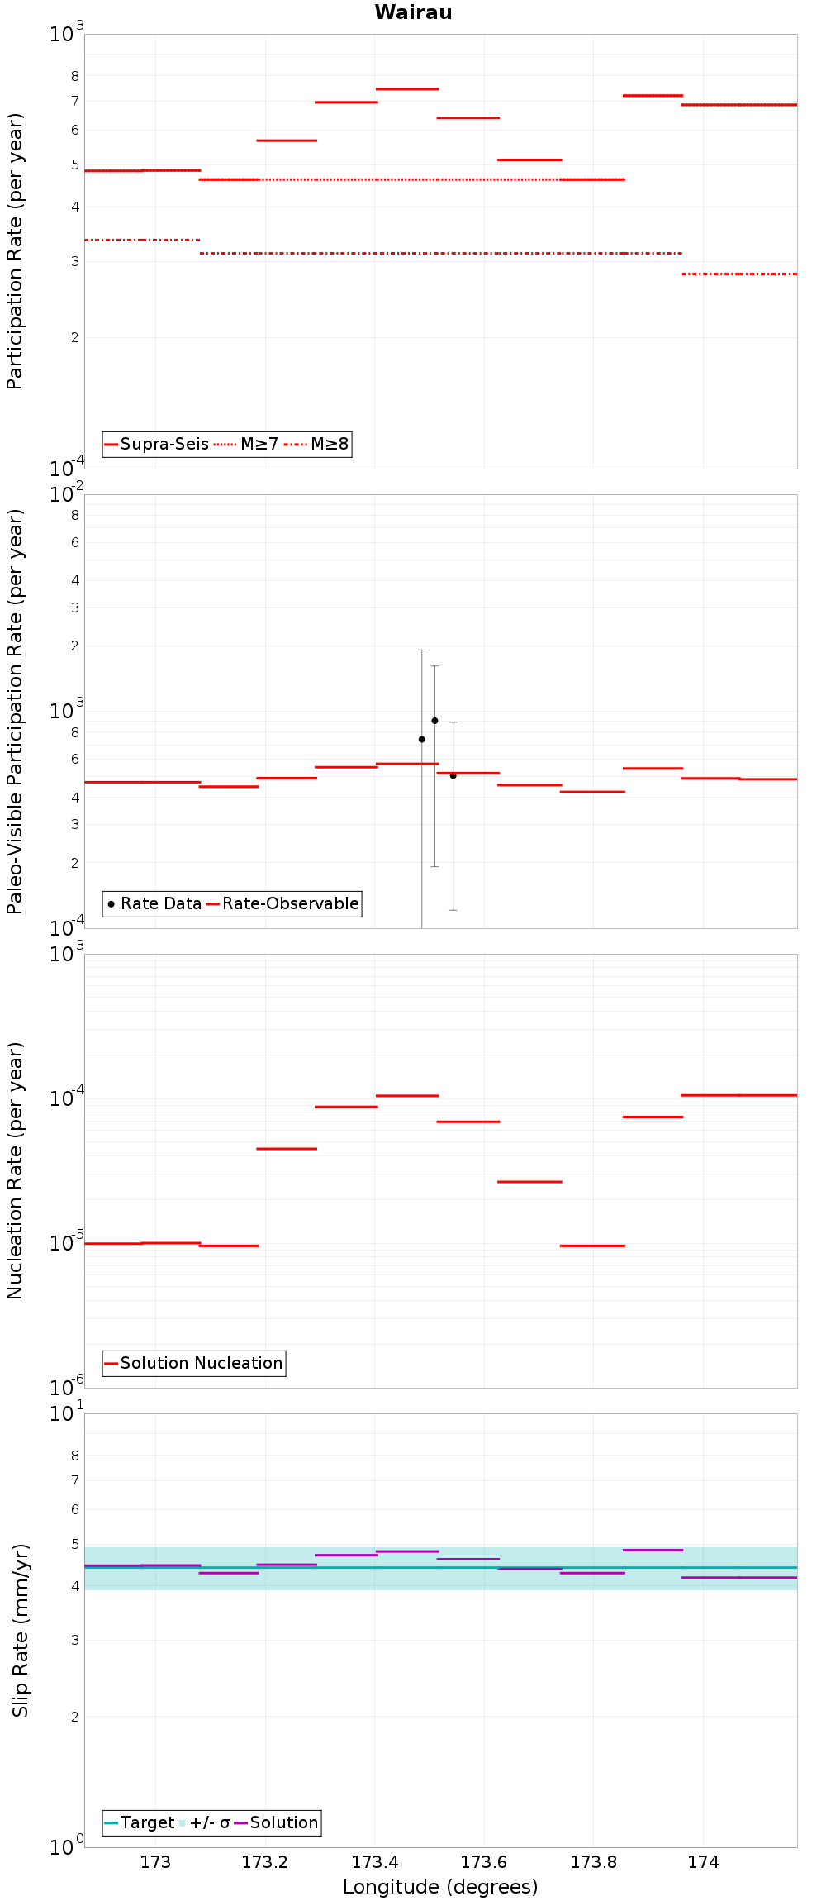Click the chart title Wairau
click(413, 12)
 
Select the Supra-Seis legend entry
click(156, 445)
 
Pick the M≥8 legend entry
click(316, 445)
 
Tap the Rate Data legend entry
click(154, 904)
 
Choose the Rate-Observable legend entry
click(282, 904)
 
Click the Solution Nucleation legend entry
click(194, 1364)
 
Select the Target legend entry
click(139, 1823)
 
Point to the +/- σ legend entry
click(204, 1823)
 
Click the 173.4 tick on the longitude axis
click(375, 1863)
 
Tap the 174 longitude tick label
click(703, 1863)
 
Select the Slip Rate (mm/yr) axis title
click(21, 1631)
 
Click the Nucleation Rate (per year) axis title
click(16, 1170)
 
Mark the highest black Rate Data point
click(434, 721)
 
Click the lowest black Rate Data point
click(453, 775)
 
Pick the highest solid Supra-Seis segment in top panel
click(407, 88)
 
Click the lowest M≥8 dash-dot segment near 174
click(739, 274)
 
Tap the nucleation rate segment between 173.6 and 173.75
click(529, 1182)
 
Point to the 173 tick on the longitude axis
click(155, 1863)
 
